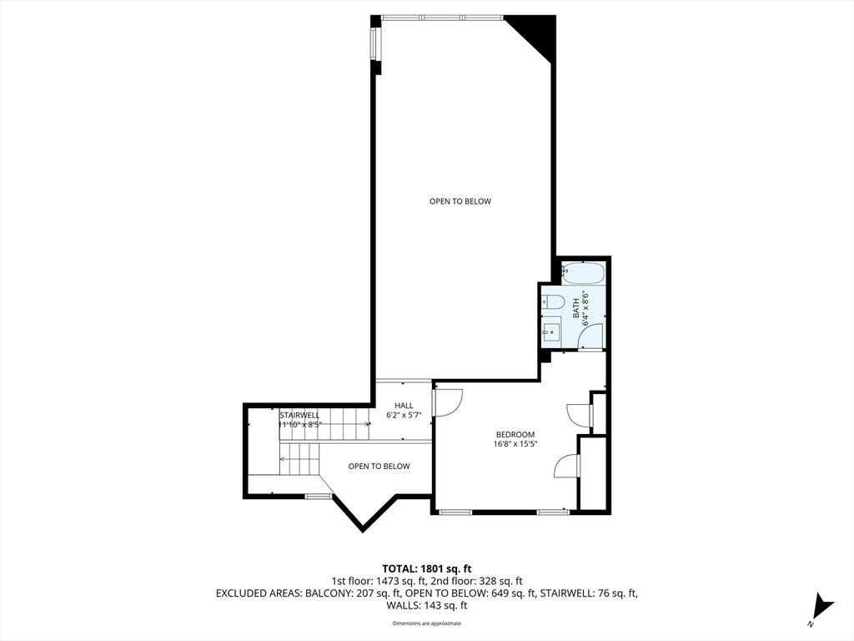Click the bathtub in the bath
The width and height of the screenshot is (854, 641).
582,272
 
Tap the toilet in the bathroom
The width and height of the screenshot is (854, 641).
553,301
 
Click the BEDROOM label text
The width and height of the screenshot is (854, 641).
515,434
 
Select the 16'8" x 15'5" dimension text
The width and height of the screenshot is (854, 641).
515,444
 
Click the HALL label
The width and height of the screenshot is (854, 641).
404,406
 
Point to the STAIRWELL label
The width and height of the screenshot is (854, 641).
299,415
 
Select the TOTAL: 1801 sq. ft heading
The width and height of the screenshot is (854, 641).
427,568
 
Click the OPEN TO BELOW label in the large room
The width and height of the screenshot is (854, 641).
460,201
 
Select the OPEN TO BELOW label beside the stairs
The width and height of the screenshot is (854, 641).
379,467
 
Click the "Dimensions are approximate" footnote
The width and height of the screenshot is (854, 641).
427,623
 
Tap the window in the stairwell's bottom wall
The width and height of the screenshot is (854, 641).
317,497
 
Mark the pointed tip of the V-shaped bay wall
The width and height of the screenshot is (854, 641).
362,528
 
